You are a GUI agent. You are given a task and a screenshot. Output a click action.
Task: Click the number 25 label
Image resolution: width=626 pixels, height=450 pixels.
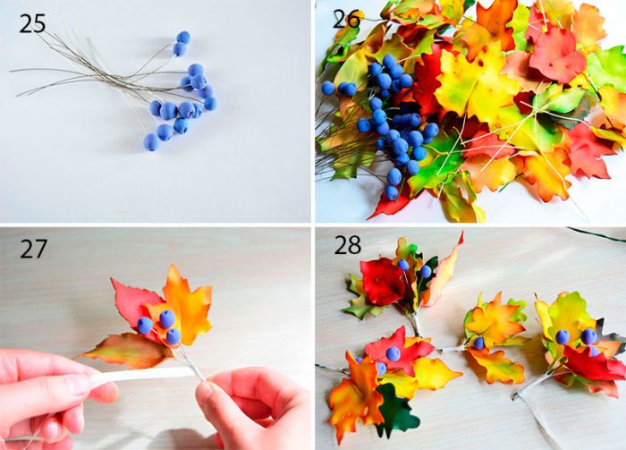(x=32, y=23)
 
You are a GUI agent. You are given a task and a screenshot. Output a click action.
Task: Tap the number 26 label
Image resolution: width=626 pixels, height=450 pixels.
(x=346, y=19)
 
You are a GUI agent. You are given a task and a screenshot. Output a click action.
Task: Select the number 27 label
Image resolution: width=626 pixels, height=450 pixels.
(x=34, y=249)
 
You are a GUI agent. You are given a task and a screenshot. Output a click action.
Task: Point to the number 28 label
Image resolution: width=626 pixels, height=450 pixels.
(x=347, y=245)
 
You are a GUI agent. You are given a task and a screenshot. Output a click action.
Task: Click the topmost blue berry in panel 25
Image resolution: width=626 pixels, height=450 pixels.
(x=183, y=38)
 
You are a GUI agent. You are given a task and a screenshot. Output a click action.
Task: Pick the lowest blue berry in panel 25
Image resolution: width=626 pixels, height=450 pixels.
(x=151, y=142)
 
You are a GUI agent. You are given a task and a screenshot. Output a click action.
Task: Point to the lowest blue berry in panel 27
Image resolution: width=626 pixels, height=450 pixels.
(x=173, y=336)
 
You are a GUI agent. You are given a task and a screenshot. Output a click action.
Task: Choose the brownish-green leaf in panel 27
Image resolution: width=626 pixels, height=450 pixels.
(x=127, y=351)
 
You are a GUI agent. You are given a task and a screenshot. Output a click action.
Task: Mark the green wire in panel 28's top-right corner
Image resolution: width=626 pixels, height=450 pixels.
(x=596, y=234)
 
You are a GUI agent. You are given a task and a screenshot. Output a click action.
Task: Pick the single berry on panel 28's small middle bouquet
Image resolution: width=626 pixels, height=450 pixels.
(x=478, y=343)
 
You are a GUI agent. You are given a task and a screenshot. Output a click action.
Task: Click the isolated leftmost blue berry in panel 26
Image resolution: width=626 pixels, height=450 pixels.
(x=328, y=88)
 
